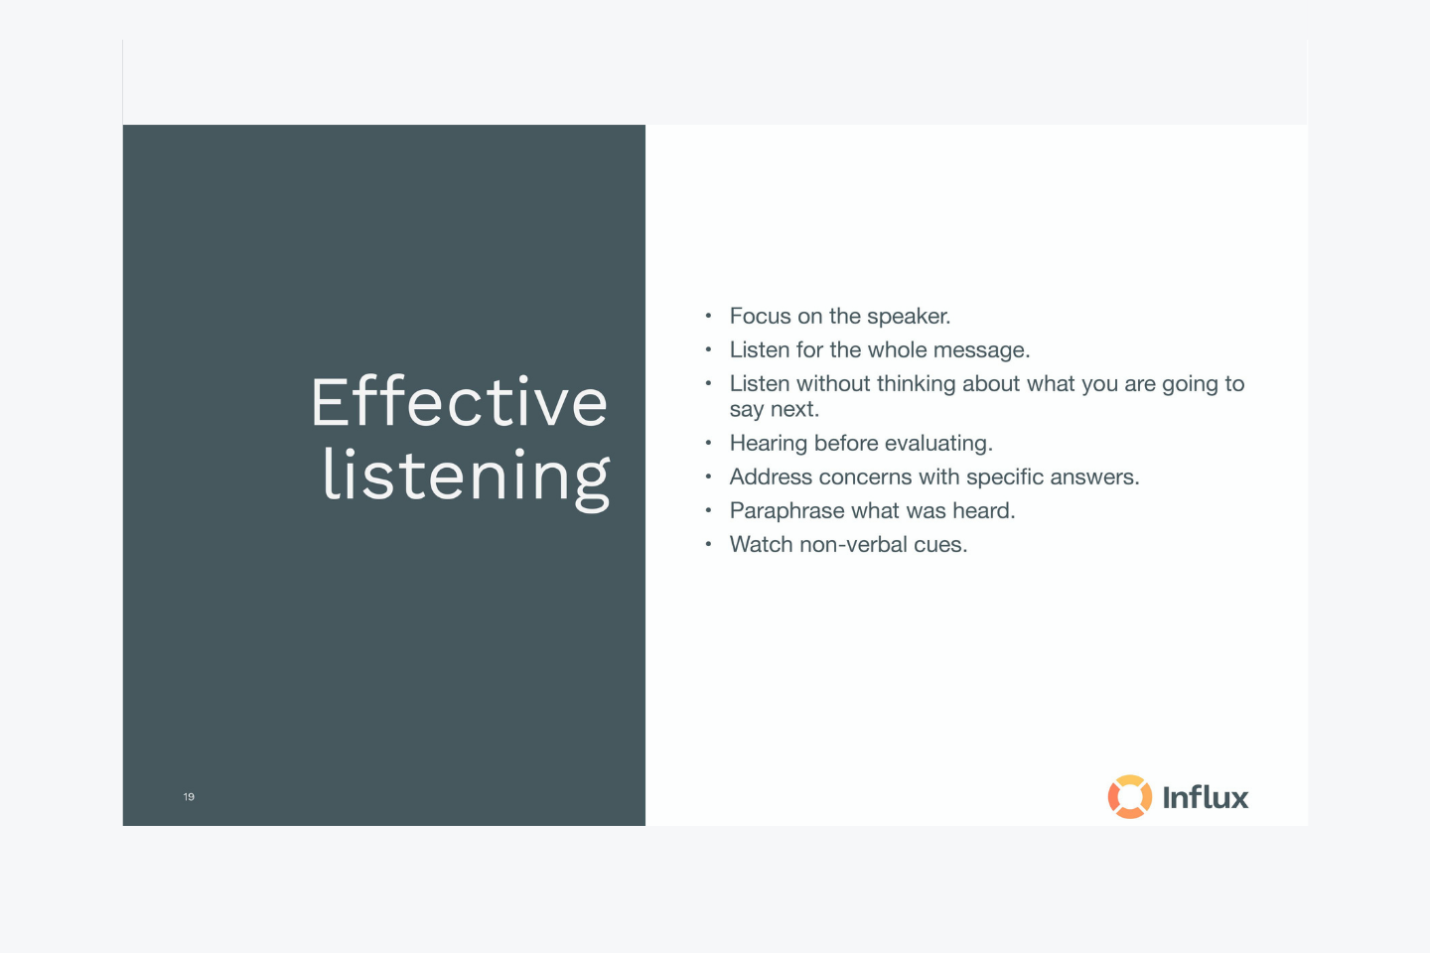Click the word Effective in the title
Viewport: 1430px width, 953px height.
click(459, 402)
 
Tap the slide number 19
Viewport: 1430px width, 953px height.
click(189, 796)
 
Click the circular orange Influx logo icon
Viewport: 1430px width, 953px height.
click(1130, 796)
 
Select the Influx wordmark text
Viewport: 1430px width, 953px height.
click(1206, 797)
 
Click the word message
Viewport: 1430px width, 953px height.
click(982, 350)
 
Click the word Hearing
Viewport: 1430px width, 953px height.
click(769, 444)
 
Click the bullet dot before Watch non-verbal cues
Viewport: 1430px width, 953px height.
click(708, 544)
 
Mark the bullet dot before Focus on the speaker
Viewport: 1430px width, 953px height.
click(708, 316)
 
